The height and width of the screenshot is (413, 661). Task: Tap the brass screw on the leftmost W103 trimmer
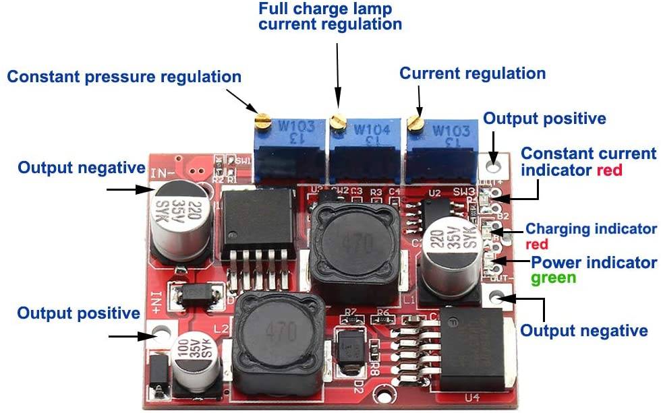coord(262,120)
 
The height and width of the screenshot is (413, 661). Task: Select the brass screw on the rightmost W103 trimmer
coord(415,122)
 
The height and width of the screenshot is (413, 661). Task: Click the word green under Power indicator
coord(553,278)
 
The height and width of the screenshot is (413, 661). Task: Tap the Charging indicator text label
coord(590,228)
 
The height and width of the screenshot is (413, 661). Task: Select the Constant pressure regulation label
coord(124,76)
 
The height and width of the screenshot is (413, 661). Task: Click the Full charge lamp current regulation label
coord(330,17)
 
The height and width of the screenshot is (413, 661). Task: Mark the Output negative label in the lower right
coord(584,331)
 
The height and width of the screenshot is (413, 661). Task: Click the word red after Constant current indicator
coord(609,170)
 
